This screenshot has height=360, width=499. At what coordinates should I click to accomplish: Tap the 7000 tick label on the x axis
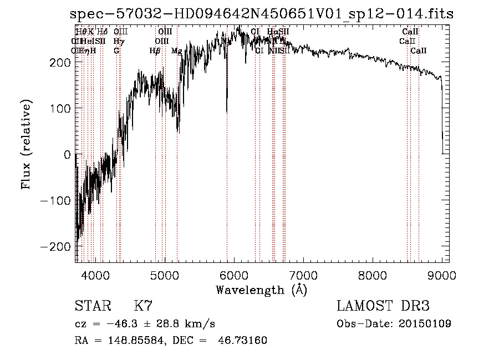tap(303, 276)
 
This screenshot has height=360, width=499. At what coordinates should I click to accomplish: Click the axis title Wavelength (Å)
tap(261, 290)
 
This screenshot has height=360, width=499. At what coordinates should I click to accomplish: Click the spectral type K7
tap(142, 307)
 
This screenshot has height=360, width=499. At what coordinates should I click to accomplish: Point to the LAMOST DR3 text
tap(383, 307)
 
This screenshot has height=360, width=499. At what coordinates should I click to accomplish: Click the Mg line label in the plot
tap(176, 50)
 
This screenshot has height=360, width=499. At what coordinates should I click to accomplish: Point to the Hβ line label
tap(155, 50)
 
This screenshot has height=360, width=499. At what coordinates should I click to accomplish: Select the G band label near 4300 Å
tap(116, 50)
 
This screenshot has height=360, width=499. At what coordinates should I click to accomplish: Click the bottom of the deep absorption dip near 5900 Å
tap(227, 111)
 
